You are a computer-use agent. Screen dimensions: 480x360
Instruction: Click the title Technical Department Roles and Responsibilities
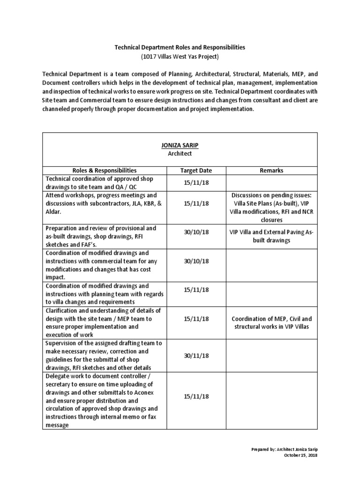pyautogui.click(x=180, y=48)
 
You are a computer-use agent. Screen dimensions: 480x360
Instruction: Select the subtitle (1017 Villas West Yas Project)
pyautogui.click(x=180, y=57)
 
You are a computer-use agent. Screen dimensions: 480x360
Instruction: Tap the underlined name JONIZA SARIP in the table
pyautogui.click(x=180, y=145)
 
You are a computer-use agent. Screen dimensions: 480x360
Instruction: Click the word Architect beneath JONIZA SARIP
pyautogui.click(x=180, y=153)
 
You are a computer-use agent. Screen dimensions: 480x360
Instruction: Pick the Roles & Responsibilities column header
pyautogui.click(x=105, y=171)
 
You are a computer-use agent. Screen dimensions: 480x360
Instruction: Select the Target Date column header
pyautogui.click(x=195, y=171)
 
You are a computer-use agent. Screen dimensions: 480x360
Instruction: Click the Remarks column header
pyautogui.click(x=271, y=171)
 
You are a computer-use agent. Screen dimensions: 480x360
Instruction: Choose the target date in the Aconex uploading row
pyautogui.click(x=195, y=396)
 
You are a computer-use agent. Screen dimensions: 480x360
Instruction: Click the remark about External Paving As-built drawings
pyautogui.click(x=271, y=236)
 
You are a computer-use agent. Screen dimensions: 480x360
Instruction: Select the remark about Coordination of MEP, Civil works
pyautogui.click(x=271, y=322)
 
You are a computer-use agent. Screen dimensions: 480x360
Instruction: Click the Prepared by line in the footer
pyautogui.click(x=285, y=450)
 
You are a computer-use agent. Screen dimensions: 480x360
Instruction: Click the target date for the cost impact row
pyautogui.click(x=195, y=261)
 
